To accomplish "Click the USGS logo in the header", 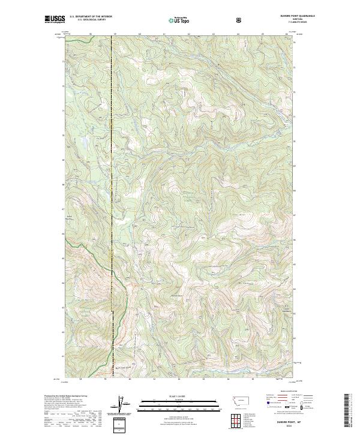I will [56, 19].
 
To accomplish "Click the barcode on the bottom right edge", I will [350, 411].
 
